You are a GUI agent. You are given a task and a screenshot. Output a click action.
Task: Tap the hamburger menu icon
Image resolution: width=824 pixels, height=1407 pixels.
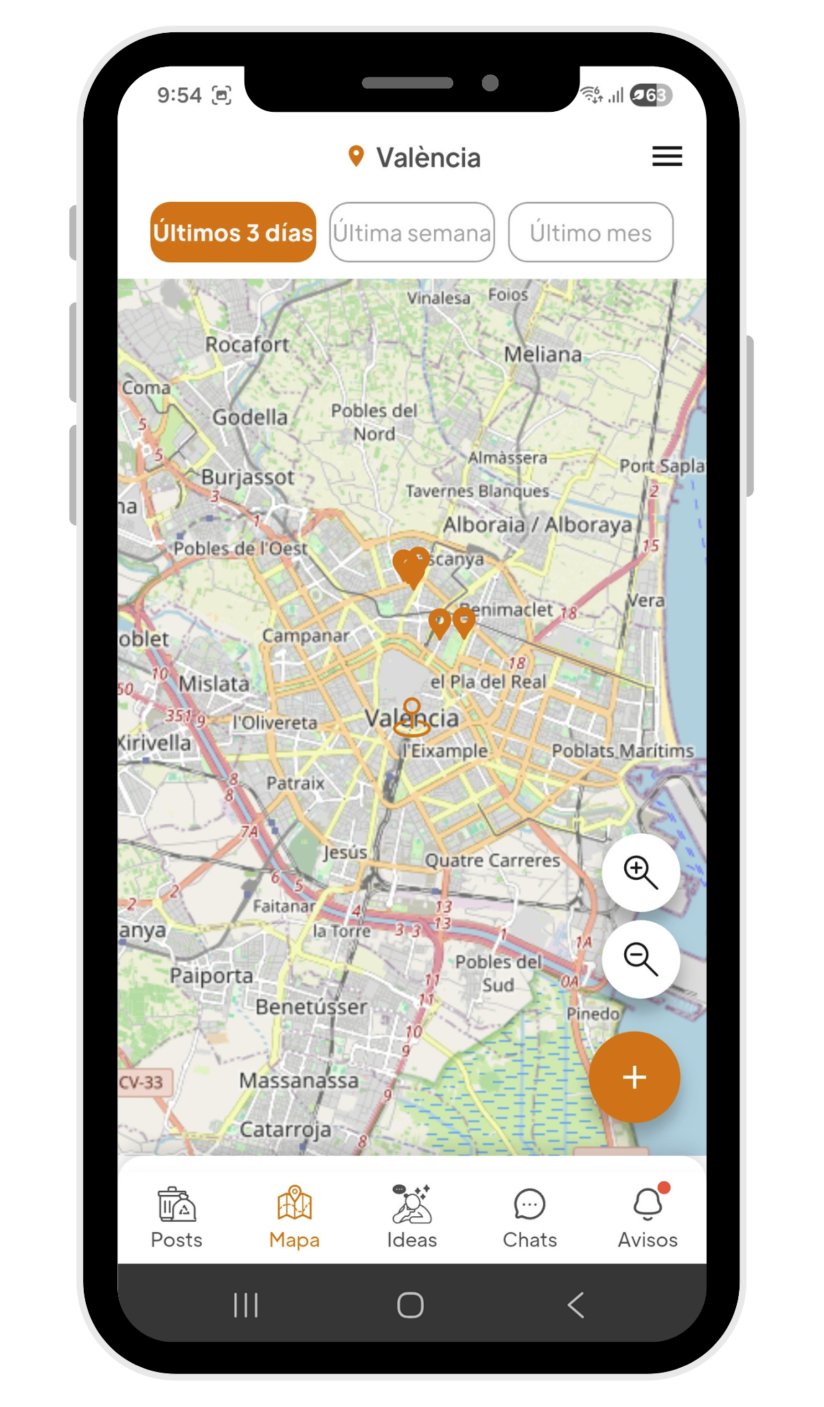(667, 156)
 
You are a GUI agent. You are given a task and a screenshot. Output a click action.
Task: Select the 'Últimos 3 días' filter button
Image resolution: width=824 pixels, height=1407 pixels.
(233, 233)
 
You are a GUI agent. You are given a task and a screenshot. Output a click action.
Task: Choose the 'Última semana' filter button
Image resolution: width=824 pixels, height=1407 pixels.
(412, 233)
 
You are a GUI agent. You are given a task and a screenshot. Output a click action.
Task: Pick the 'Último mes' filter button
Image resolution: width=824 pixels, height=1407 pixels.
(591, 233)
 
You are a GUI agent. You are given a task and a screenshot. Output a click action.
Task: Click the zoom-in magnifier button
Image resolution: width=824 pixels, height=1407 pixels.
(641, 872)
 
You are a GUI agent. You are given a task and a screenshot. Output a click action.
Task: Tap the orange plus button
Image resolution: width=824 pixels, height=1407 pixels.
(634, 1077)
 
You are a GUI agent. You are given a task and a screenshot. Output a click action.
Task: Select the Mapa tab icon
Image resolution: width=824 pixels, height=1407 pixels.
(295, 1204)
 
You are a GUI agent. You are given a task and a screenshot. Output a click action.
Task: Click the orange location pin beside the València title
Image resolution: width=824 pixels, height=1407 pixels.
(356, 156)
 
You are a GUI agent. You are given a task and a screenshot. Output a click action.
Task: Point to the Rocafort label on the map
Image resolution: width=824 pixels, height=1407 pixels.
(248, 345)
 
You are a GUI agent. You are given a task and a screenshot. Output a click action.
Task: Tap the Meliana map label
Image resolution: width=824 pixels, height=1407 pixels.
(542, 354)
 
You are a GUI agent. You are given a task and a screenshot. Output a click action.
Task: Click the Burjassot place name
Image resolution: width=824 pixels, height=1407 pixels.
(248, 477)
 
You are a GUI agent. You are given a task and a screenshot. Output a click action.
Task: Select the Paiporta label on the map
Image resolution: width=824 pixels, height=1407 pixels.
(211, 975)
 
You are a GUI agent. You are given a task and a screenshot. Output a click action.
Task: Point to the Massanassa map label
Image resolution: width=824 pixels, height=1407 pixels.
(299, 1080)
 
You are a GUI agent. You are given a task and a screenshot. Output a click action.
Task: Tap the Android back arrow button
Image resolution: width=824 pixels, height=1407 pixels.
(576, 1305)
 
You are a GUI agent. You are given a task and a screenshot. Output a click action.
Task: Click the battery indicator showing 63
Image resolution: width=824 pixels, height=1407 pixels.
(651, 95)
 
